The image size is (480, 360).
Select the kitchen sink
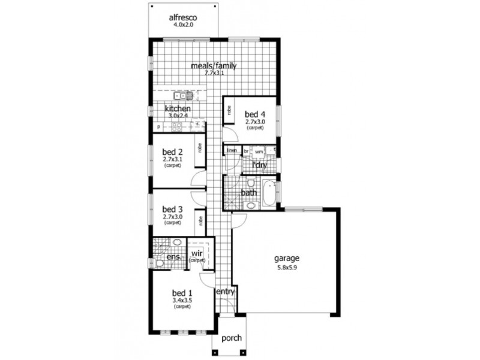click(x=183, y=95)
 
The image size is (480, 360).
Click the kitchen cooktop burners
click(x=177, y=126)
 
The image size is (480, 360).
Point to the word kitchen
click(x=178, y=109)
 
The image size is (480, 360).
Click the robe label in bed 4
click(x=229, y=110)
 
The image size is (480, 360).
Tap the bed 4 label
click(x=254, y=114)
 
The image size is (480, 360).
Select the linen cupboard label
click(x=232, y=150)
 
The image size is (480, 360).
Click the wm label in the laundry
click(x=259, y=152)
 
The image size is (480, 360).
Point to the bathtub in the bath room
click(x=268, y=192)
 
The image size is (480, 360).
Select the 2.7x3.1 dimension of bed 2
click(x=172, y=160)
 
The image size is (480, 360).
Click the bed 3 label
click(x=172, y=209)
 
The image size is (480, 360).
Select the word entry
click(x=224, y=291)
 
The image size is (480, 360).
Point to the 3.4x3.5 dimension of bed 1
click(x=182, y=300)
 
